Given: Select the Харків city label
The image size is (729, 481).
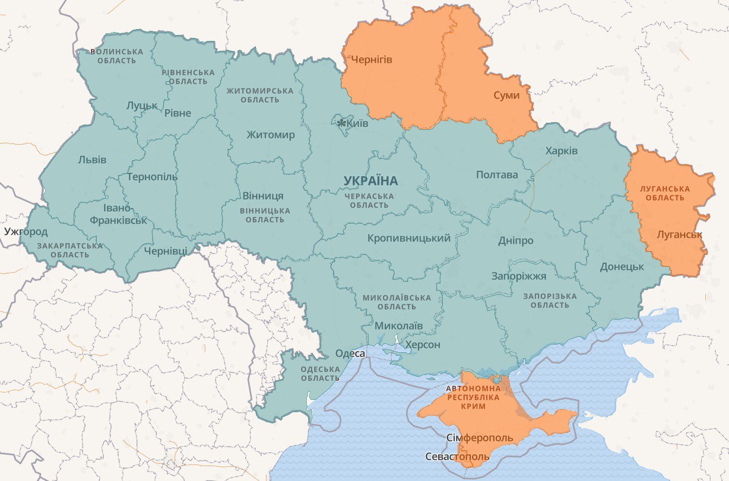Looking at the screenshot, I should [561, 151].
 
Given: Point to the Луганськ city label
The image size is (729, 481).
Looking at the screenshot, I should [679, 235].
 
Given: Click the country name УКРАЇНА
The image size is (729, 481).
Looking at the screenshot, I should [371, 180].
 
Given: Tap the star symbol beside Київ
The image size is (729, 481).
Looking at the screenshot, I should [341, 123].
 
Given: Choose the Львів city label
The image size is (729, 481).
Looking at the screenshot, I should [92, 160].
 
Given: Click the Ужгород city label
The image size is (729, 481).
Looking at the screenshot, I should [26, 231].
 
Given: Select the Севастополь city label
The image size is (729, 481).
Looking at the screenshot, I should [458, 457].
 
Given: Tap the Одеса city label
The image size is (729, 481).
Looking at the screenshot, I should [350, 353].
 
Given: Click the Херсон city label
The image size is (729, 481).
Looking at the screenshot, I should [422, 345].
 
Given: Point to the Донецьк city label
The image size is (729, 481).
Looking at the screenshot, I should [622, 267].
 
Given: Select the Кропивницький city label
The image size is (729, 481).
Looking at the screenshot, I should [408, 238].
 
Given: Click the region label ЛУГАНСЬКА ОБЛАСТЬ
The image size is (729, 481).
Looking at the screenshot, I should [664, 193].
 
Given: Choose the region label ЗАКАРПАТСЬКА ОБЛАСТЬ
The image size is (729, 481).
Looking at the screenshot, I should [69, 250].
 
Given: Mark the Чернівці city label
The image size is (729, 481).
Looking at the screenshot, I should [165, 251].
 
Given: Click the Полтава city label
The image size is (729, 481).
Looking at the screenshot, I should [496, 175].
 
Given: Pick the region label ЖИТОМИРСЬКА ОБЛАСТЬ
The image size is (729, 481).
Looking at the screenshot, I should [259, 95].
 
